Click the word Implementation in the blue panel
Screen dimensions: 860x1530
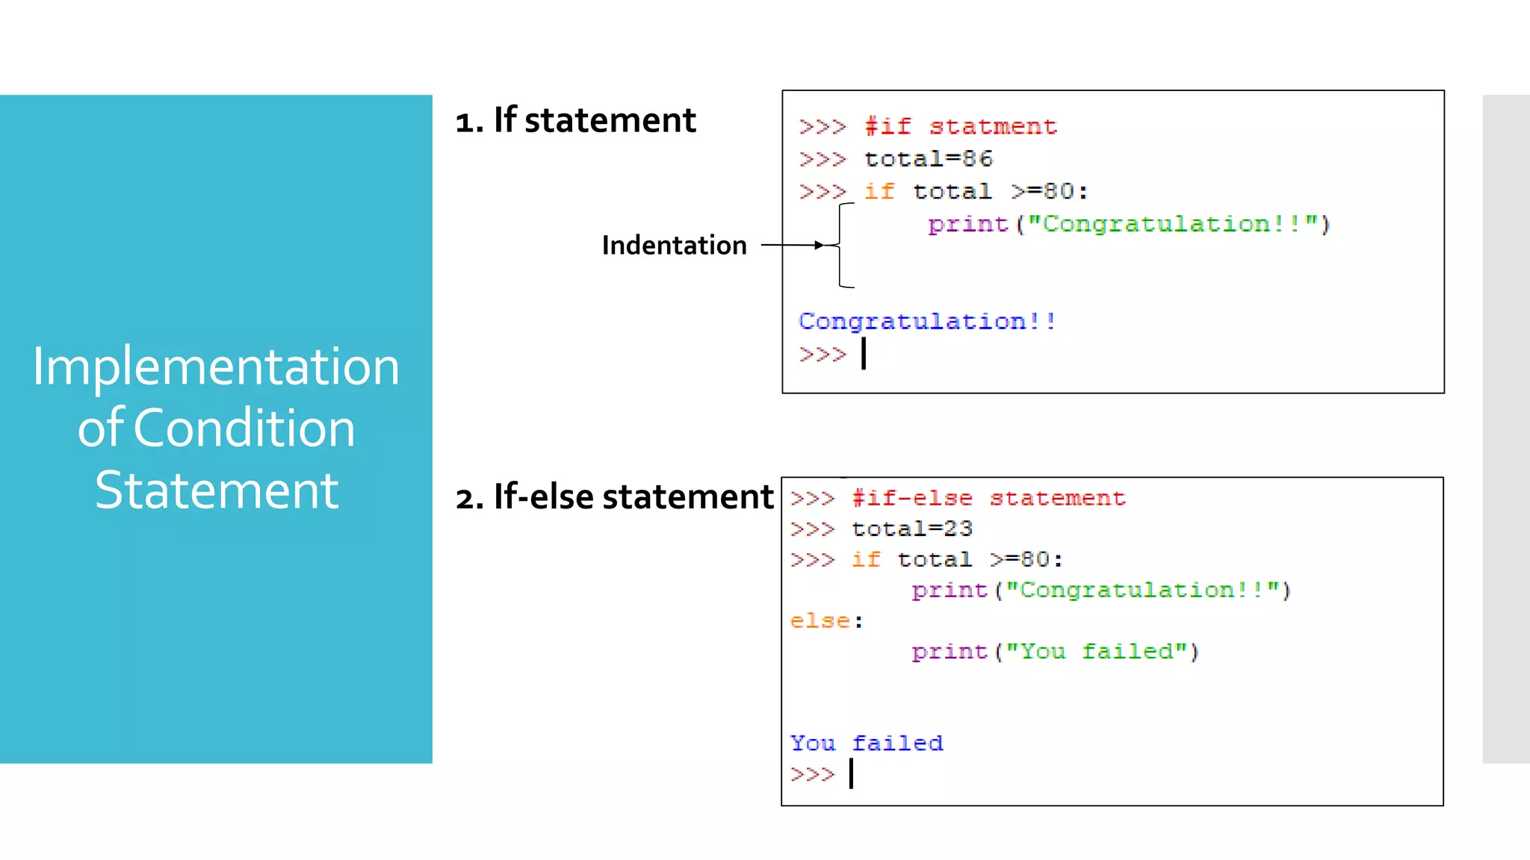point(216,367)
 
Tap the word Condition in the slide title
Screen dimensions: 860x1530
point(244,429)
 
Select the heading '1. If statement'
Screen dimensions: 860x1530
point(575,120)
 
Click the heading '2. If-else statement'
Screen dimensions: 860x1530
point(614,497)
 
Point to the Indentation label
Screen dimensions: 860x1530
point(674,246)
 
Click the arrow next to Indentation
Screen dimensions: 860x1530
point(792,245)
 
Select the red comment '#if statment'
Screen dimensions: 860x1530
point(961,127)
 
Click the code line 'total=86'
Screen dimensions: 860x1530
point(929,159)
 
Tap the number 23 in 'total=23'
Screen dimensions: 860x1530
point(958,529)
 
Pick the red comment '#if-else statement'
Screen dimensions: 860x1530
point(988,499)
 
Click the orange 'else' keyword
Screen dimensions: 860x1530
point(820,621)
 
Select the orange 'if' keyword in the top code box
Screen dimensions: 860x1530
point(879,192)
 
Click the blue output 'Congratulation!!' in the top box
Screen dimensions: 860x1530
point(927,322)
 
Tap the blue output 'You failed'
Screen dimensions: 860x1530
point(867,744)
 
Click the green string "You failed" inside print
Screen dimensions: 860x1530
point(1097,652)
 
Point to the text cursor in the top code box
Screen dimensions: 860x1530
point(864,354)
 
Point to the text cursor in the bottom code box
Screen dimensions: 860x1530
point(851,774)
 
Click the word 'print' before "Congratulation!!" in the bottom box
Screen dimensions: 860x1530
point(950,591)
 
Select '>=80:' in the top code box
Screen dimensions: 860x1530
point(1050,192)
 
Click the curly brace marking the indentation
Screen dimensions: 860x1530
point(843,245)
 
